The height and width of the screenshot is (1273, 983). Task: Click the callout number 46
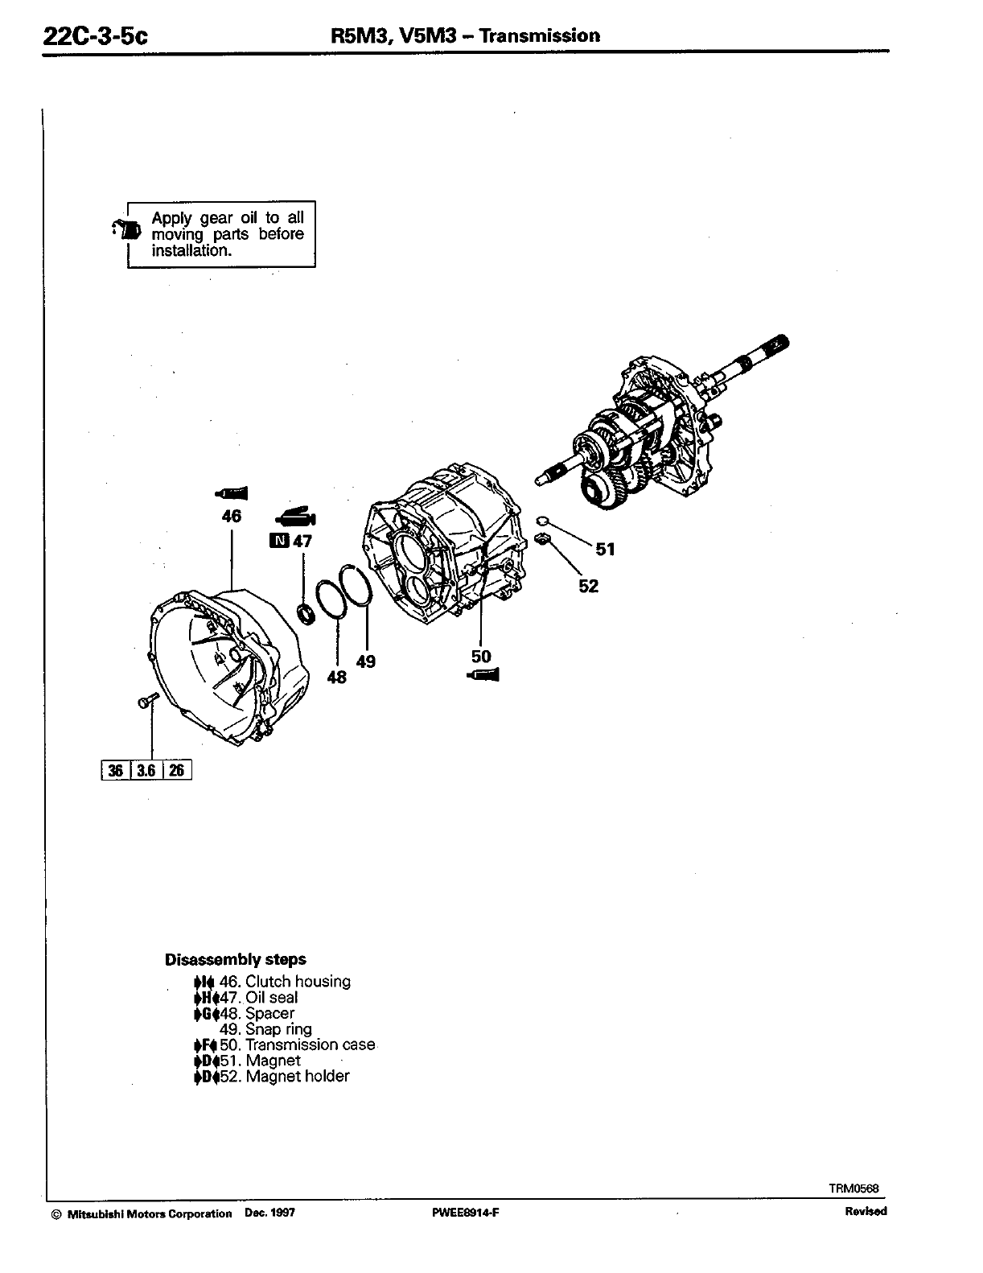[232, 516]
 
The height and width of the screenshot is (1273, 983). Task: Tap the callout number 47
[302, 541]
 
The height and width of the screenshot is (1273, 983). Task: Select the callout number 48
[337, 678]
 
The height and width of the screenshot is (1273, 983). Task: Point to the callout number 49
[366, 661]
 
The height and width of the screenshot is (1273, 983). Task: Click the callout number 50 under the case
[481, 657]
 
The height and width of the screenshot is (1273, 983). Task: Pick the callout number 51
[605, 550]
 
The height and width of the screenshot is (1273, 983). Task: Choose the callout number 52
[589, 586]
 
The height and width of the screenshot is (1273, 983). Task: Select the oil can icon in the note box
[127, 229]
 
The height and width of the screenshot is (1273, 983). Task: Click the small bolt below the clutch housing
[145, 702]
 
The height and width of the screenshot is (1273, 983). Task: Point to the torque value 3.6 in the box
[146, 770]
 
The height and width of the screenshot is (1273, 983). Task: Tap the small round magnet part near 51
[541, 520]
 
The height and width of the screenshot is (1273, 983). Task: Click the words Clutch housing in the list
[298, 981]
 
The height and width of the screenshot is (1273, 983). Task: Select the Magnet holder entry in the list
[298, 1076]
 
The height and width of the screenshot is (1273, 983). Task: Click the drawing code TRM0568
[853, 1188]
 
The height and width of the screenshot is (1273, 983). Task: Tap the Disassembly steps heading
[235, 959]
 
